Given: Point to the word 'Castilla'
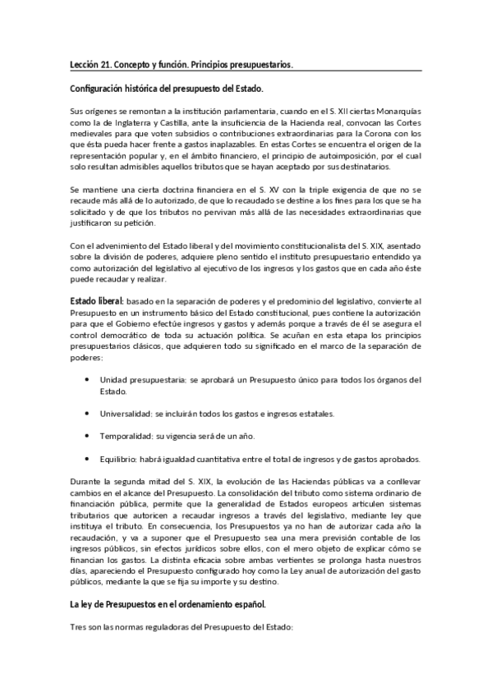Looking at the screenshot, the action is click(x=170, y=123).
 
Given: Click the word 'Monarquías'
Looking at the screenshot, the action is click(x=394, y=112).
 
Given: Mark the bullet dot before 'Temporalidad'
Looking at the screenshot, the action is click(x=87, y=435).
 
